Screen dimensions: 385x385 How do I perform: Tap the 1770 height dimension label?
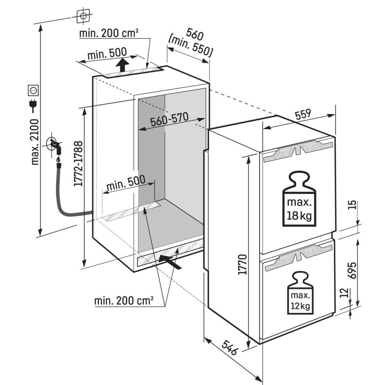[x=242, y=265]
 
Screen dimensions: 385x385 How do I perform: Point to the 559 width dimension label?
[x=302, y=115]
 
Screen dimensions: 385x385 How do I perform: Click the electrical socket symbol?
[x=33, y=90]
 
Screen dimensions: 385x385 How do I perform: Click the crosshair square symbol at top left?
[x=83, y=16]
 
